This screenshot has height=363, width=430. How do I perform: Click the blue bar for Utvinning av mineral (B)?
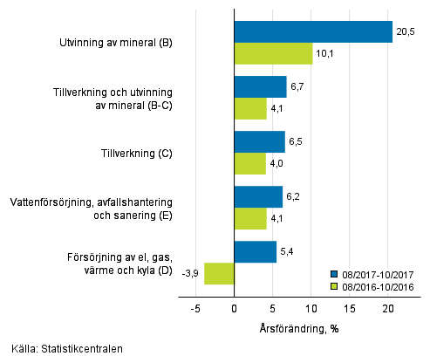coord(313,31)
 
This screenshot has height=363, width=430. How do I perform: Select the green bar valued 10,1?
coord(273,53)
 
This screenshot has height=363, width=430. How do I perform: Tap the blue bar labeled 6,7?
coord(260,86)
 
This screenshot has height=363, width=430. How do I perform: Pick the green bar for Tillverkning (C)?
coord(249,164)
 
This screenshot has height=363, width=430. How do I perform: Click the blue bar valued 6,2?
coord(258,197)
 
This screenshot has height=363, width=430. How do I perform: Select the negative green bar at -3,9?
coord(219,273)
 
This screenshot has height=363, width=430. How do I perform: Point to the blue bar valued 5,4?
coord(255,252)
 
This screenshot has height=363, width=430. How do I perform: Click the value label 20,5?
coord(406,31)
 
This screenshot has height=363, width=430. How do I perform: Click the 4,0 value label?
coord(277,164)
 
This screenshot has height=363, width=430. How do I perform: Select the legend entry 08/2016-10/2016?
coord(375,284)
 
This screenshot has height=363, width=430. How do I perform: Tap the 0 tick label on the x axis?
coord(235,308)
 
